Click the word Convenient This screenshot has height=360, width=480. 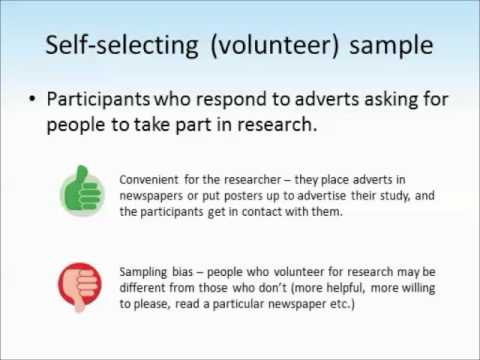[x=149, y=179]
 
